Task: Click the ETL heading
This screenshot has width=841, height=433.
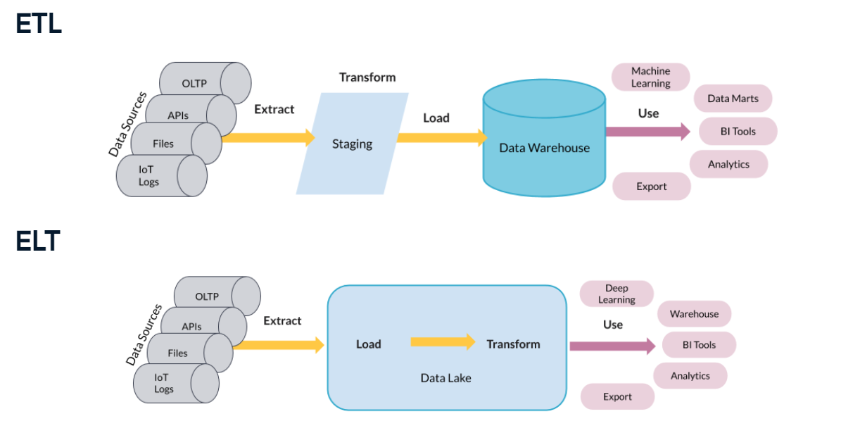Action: [x=39, y=23]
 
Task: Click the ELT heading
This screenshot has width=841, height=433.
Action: [x=38, y=241]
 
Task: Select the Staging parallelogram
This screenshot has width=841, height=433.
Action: [x=352, y=144]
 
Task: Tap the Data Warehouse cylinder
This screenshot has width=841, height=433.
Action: [x=544, y=148]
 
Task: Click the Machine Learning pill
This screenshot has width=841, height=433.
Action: [x=650, y=77]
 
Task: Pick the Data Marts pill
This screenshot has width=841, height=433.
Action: [x=733, y=99]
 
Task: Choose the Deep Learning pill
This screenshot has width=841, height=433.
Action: [x=616, y=294]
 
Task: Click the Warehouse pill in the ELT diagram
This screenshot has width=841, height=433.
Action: [x=694, y=314]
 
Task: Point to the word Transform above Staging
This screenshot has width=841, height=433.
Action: [x=367, y=77]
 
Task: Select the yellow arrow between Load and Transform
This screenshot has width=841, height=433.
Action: [x=443, y=342]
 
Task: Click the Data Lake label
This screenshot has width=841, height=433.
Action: [x=445, y=378]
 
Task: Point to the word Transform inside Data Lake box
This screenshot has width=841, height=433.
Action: [x=513, y=344]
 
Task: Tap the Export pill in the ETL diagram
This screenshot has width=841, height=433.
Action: [x=651, y=187]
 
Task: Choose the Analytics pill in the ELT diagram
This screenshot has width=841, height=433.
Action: [x=690, y=376]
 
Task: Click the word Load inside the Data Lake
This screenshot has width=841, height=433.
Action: [x=368, y=344]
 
